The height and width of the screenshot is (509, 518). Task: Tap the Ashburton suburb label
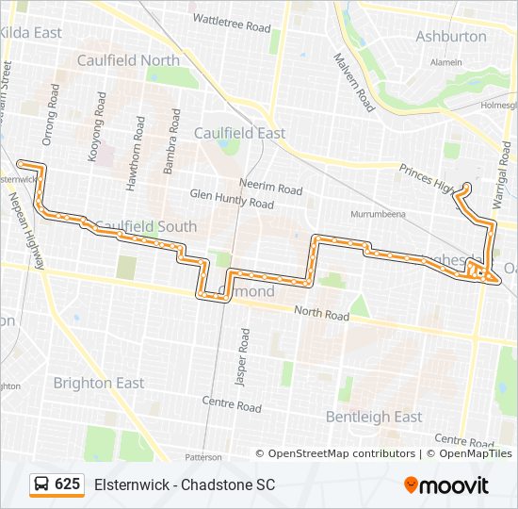452,37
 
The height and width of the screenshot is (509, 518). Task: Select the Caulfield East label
239,133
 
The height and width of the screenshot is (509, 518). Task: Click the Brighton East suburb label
99,383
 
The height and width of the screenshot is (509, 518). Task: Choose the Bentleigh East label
374,416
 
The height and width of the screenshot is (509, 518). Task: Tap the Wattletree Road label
231,19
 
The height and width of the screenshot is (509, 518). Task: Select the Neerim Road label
270,189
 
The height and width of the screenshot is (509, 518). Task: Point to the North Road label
322,312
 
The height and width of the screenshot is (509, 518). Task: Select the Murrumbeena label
377,214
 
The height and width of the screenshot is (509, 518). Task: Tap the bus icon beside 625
41,484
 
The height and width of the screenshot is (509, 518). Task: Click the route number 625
67,484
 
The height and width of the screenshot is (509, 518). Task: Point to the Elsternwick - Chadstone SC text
185,484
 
